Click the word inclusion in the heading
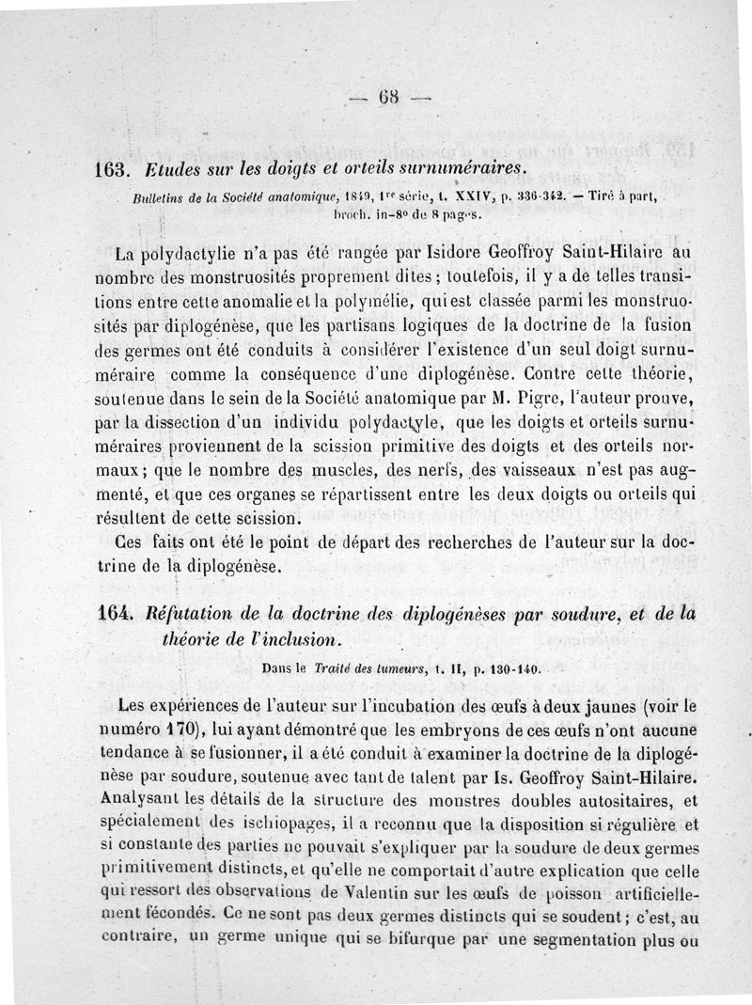coord(290,638)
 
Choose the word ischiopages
coord(269,823)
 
